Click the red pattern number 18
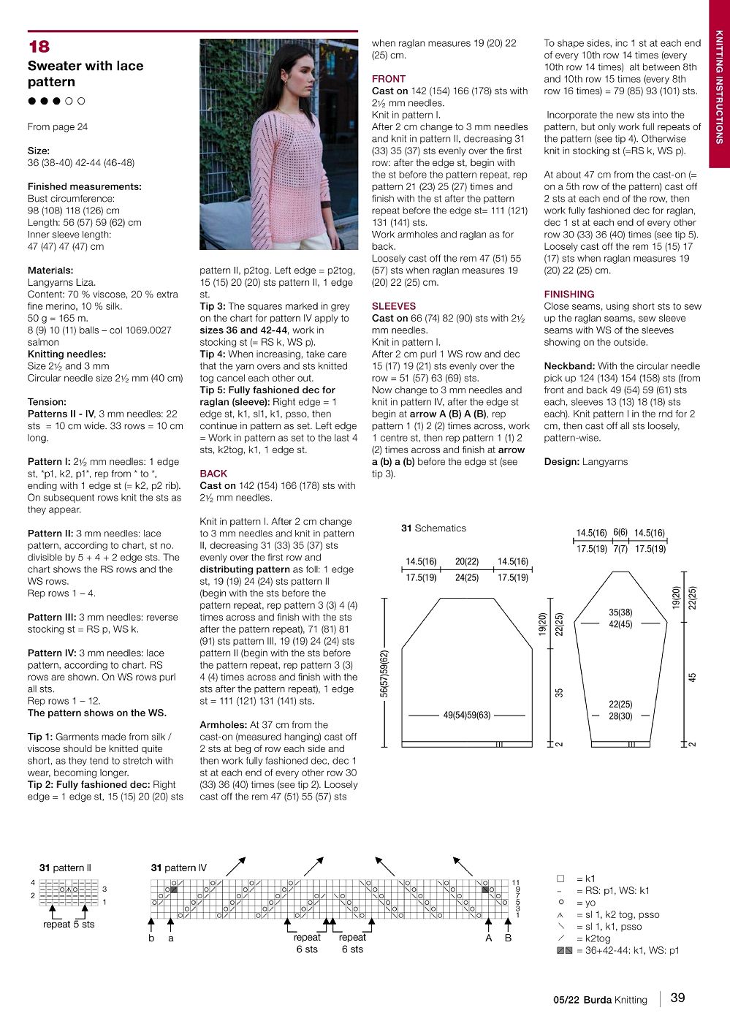pyautogui.click(x=39, y=47)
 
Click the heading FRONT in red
pyautogui.click(x=388, y=79)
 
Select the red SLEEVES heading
pyautogui.click(x=393, y=306)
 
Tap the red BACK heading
pyautogui.click(x=213, y=474)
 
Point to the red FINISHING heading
pyautogui.click(x=569, y=295)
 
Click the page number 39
pyautogui.click(x=677, y=998)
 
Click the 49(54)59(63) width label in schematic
pyautogui.click(x=467, y=715)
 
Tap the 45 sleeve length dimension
pyautogui.click(x=692, y=678)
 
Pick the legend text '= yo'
pyautogui.click(x=586, y=903)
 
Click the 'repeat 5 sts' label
pyautogui.click(x=69, y=925)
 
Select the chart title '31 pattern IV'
pyautogui.click(x=179, y=868)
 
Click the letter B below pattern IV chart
pyautogui.click(x=508, y=938)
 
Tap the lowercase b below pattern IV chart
pyautogui.click(x=151, y=938)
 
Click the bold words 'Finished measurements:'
pyautogui.click(x=84, y=186)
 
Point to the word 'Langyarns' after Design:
pyautogui.click(x=605, y=462)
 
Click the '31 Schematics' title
pyautogui.click(x=433, y=528)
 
